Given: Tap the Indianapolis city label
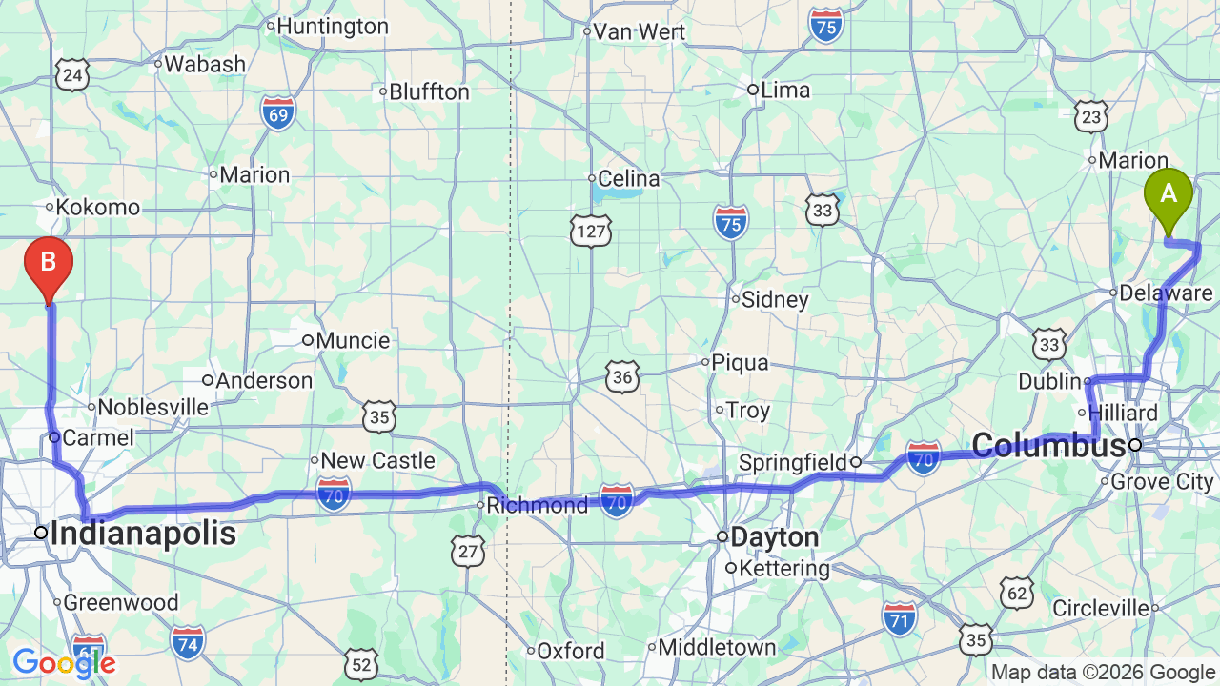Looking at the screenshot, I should point(143,534).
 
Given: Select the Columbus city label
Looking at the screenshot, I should point(1048,445).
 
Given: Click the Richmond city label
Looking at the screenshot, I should point(538,505).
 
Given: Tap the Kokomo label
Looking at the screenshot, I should point(97,207).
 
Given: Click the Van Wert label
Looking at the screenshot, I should point(639,31).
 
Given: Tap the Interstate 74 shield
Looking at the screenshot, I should point(189,643).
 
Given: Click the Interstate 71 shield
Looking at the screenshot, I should point(899,617).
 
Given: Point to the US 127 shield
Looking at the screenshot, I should point(591,230).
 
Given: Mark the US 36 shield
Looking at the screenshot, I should point(623,377).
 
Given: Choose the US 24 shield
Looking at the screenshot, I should point(72,74).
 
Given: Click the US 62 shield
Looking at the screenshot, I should point(1017,593).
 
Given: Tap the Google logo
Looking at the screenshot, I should point(64,663).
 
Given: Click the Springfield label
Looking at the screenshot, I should point(793,463).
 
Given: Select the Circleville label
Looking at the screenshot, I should point(1101,608).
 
